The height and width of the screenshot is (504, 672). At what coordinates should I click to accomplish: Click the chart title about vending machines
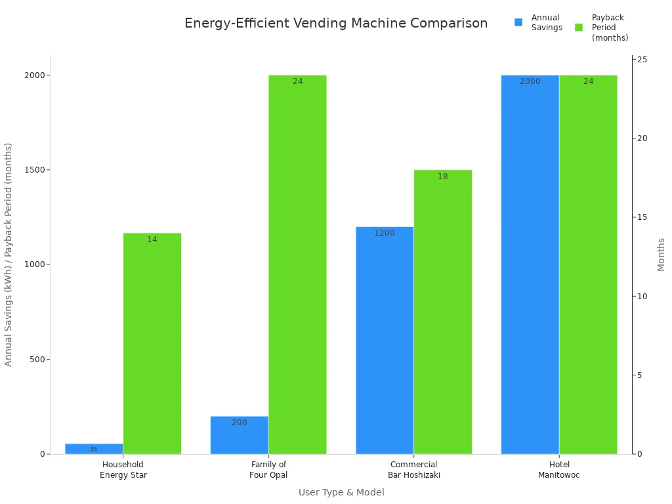336,24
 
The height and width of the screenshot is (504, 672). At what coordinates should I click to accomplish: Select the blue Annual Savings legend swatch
518,22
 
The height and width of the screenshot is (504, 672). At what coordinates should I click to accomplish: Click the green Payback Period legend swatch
579,28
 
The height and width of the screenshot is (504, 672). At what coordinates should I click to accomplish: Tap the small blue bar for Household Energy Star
94,449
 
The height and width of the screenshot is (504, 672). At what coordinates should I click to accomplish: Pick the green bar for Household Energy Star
152,343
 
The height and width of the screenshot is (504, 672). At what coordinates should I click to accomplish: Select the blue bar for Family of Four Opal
240,435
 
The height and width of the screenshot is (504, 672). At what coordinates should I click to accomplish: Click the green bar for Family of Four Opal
297,264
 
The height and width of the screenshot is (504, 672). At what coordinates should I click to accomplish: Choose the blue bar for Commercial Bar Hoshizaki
385,340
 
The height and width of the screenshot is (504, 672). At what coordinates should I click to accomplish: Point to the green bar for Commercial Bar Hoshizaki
442,312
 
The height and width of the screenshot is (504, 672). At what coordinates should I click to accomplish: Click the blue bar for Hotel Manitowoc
530,264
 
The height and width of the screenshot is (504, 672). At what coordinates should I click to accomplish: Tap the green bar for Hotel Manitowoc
588,264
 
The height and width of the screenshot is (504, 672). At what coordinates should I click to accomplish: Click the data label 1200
385,233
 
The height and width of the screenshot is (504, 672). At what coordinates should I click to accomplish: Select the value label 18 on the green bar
442,177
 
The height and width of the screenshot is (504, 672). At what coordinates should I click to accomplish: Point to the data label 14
152,240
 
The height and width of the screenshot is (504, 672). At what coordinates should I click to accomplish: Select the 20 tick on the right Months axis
642,138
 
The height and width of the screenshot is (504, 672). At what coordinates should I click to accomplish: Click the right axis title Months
661,255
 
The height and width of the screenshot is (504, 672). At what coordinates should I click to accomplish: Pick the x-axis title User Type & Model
341,492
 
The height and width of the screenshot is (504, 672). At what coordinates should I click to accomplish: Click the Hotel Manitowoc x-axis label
559,470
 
